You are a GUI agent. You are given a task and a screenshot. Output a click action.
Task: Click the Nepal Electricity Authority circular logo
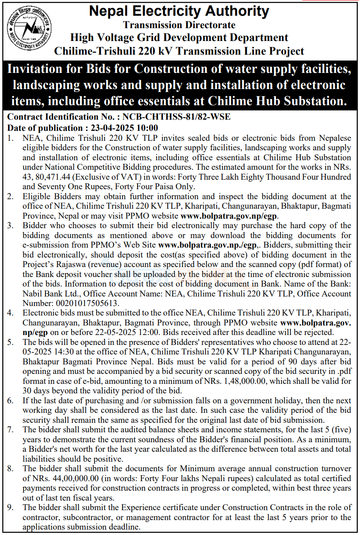click(29, 30)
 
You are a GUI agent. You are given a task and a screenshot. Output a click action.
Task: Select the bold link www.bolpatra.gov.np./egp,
click(208, 245)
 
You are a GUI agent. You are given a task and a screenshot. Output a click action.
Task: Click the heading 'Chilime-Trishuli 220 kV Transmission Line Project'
click(179, 51)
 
